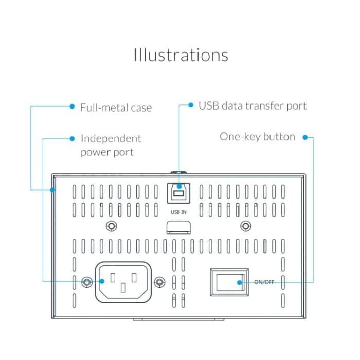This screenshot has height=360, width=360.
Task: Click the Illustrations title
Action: click(x=181, y=55)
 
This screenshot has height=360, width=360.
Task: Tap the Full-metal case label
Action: click(x=116, y=107)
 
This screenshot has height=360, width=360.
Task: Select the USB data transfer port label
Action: click(x=252, y=106)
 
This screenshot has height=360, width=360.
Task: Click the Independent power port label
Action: click(x=110, y=145)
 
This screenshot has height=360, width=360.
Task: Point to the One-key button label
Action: click(x=257, y=137)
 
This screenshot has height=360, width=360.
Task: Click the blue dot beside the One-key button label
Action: click(x=305, y=137)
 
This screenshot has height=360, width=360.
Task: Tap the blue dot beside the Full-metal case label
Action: click(x=72, y=106)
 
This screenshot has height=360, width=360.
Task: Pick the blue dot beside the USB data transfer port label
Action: click(x=191, y=105)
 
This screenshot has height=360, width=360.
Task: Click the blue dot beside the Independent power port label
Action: click(x=72, y=138)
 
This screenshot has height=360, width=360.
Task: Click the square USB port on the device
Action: click(x=178, y=193)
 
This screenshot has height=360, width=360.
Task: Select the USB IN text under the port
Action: click(x=178, y=211)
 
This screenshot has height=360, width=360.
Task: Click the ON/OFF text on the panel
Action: click(x=264, y=282)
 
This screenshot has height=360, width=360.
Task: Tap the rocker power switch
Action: click(x=229, y=282)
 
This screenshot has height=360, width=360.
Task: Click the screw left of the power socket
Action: click(x=87, y=281)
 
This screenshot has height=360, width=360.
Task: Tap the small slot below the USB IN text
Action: click(x=178, y=227)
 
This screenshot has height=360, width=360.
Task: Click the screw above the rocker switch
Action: click(x=246, y=226)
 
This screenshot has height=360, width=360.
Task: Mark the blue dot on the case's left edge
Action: click(x=52, y=190)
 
